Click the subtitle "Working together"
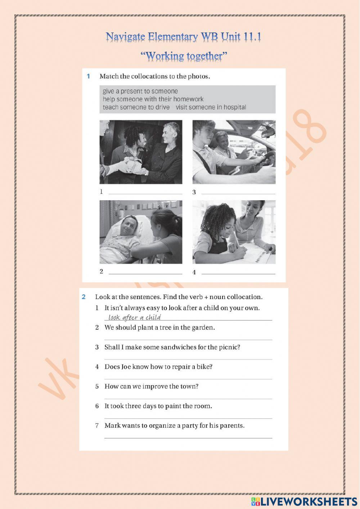click(x=184, y=56)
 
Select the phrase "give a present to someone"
click(x=140, y=91)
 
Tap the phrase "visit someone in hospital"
click(x=211, y=107)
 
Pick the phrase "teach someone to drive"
click(x=136, y=107)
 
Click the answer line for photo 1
click(x=145, y=193)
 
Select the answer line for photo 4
click(x=238, y=273)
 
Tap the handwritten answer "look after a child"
click(x=134, y=317)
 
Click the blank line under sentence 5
click(x=188, y=398)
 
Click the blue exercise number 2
click(x=84, y=297)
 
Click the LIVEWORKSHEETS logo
click(x=304, y=501)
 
